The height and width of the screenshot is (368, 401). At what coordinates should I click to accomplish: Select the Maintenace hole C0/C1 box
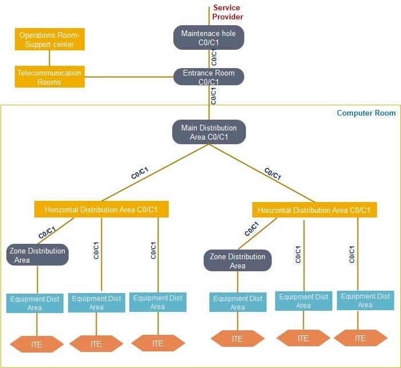point(209,37)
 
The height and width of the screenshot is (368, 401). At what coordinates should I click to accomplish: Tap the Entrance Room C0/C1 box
point(209,77)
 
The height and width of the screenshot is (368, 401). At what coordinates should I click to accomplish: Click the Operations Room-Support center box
point(50,39)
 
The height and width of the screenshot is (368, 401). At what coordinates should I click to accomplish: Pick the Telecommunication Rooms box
point(50,77)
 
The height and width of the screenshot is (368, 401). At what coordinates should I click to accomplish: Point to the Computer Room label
point(366,113)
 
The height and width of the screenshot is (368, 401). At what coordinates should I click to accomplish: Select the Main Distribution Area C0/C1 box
point(209,132)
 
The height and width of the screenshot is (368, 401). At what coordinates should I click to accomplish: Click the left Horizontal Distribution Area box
point(101,209)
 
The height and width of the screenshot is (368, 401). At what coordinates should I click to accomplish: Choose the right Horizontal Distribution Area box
point(314,210)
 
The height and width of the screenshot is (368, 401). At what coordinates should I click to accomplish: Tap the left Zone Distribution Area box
point(38,255)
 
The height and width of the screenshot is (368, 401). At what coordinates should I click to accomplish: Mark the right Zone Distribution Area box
point(237,261)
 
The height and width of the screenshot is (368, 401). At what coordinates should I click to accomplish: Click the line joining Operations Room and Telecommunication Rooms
point(50,58)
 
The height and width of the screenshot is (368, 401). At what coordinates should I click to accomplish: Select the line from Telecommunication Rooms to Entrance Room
point(129,77)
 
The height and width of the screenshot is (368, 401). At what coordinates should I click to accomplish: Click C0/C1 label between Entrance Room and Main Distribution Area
point(213,95)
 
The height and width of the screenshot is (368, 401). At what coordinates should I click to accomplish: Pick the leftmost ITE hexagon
point(37,345)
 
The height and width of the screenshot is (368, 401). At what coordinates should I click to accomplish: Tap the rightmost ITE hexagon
point(360,338)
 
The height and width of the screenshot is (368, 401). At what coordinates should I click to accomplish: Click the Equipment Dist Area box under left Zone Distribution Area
point(35,303)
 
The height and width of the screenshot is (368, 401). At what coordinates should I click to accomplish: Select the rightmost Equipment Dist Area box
point(365,300)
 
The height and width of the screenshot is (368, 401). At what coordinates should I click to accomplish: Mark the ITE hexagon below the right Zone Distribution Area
point(237,339)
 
